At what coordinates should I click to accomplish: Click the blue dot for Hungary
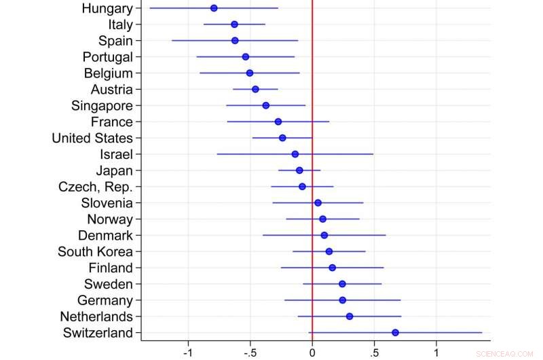click(214, 8)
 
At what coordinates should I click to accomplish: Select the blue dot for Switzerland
click(395, 333)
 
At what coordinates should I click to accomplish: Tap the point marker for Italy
click(234, 24)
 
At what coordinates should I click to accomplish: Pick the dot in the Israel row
click(295, 154)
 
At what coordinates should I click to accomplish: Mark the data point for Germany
click(342, 300)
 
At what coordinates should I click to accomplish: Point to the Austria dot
click(255, 89)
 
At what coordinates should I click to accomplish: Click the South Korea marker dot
click(329, 251)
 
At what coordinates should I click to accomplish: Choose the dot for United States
click(282, 138)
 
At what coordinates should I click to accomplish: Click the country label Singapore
click(102, 105)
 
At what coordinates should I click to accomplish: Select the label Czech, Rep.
click(96, 187)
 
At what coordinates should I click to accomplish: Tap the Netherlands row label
click(96, 317)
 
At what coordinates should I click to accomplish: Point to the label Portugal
click(107, 56)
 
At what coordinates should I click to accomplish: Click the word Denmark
click(105, 235)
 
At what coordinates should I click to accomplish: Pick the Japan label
click(114, 170)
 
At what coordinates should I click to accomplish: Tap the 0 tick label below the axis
click(312, 353)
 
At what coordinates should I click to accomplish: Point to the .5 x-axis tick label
click(373, 353)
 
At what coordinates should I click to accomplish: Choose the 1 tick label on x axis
click(436, 353)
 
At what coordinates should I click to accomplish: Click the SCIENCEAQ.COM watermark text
click(505, 354)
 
